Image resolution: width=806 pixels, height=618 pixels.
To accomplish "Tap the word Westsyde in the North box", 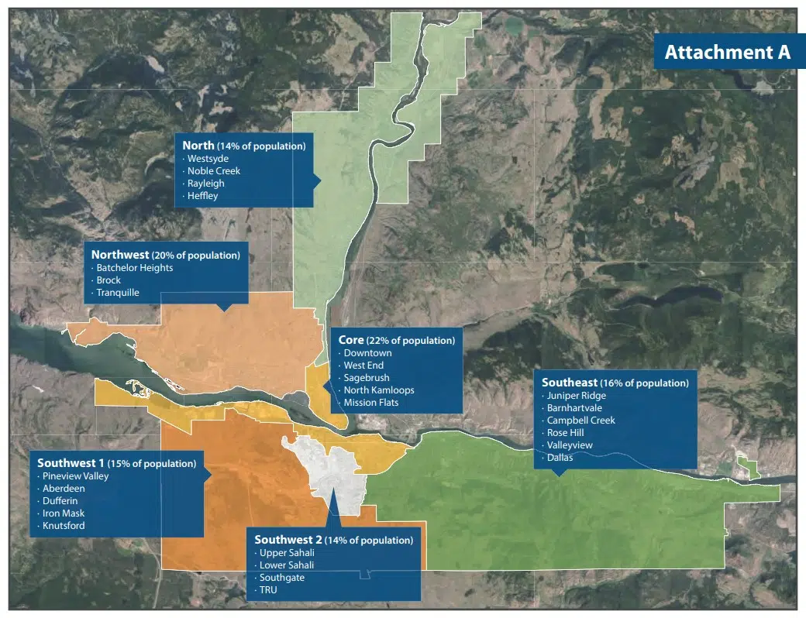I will tap(208, 159).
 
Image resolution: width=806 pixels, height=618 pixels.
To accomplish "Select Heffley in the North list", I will tap(202, 196).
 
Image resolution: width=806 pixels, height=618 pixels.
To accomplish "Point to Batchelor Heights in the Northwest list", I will tap(134, 268).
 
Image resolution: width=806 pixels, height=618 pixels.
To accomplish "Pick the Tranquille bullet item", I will tap(119, 293).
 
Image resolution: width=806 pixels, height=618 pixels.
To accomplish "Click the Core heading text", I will tap(351, 340).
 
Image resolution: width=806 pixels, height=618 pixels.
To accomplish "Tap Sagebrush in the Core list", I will tap(367, 378).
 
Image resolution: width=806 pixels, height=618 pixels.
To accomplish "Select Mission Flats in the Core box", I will tap(370, 403).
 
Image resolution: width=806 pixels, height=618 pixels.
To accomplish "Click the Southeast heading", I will tap(570, 383).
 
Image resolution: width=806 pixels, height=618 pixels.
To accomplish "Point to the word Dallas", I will tap(560, 458).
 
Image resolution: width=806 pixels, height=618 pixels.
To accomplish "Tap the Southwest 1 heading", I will tap(71, 463).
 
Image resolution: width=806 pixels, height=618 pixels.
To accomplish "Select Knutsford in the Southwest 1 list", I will tap(64, 526).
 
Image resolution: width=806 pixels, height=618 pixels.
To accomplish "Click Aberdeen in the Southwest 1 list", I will tap(64, 489).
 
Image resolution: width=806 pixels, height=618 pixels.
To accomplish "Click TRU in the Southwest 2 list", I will tap(269, 590).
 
